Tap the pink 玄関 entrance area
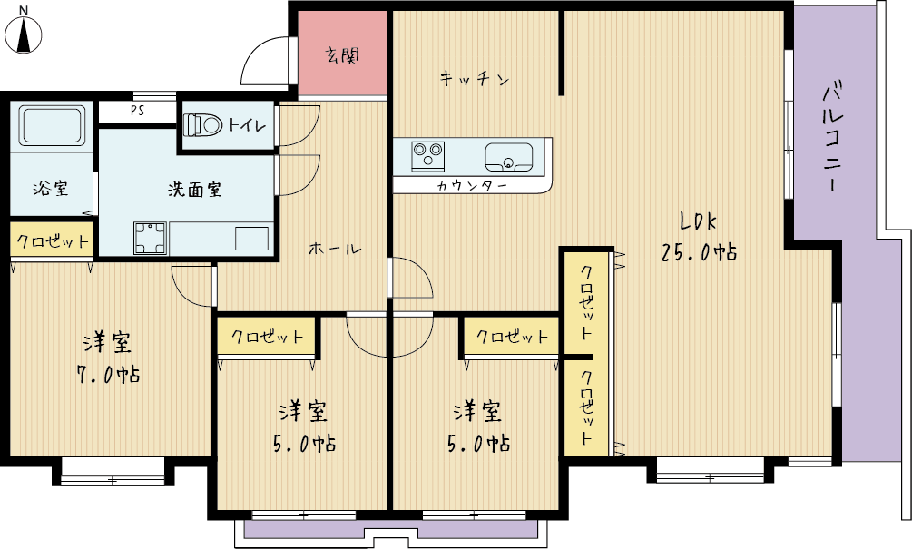click(x=342, y=53)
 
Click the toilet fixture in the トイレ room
click(x=203, y=124)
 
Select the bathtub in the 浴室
click(x=52, y=125)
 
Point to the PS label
click(x=137, y=111)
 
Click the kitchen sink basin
click(x=509, y=157)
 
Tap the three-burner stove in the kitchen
click(x=428, y=156)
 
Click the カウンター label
click(x=472, y=185)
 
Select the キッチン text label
click(x=475, y=78)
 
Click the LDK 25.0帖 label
click(x=699, y=237)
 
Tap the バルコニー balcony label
click(x=833, y=138)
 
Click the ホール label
click(x=335, y=249)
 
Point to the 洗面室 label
click(x=195, y=189)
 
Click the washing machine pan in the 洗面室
click(x=150, y=238)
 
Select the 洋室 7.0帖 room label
click(x=109, y=358)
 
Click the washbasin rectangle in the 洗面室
click(x=251, y=239)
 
